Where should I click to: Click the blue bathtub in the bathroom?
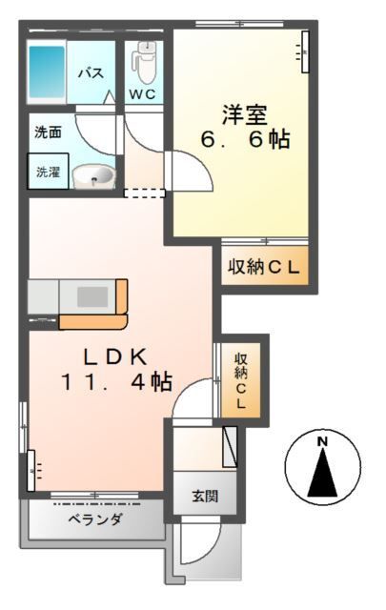tap(47, 72)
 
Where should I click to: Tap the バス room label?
tap(91, 72)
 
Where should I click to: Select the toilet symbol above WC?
tap(144, 61)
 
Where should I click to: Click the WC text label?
tap(143, 94)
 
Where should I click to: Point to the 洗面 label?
tap(48, 132)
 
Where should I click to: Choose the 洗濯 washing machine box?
tap(49, 172)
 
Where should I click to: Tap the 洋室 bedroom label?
tap(244, 114)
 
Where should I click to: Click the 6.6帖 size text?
tap(245, 139)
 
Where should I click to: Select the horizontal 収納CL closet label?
tap(264, 267)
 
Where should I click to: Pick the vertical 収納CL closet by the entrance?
tap(241, 381)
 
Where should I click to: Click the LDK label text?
tap(116, 356)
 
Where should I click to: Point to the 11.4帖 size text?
tap(115, 381)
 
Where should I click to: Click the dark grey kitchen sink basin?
tap(92, 296)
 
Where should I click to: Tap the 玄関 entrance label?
tap(205, 497)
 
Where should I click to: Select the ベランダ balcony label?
tap(95, 518)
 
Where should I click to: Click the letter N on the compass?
tap(322, 442)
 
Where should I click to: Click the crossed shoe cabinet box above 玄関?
tap(230, 447)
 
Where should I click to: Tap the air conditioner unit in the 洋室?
tap(305, 51)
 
